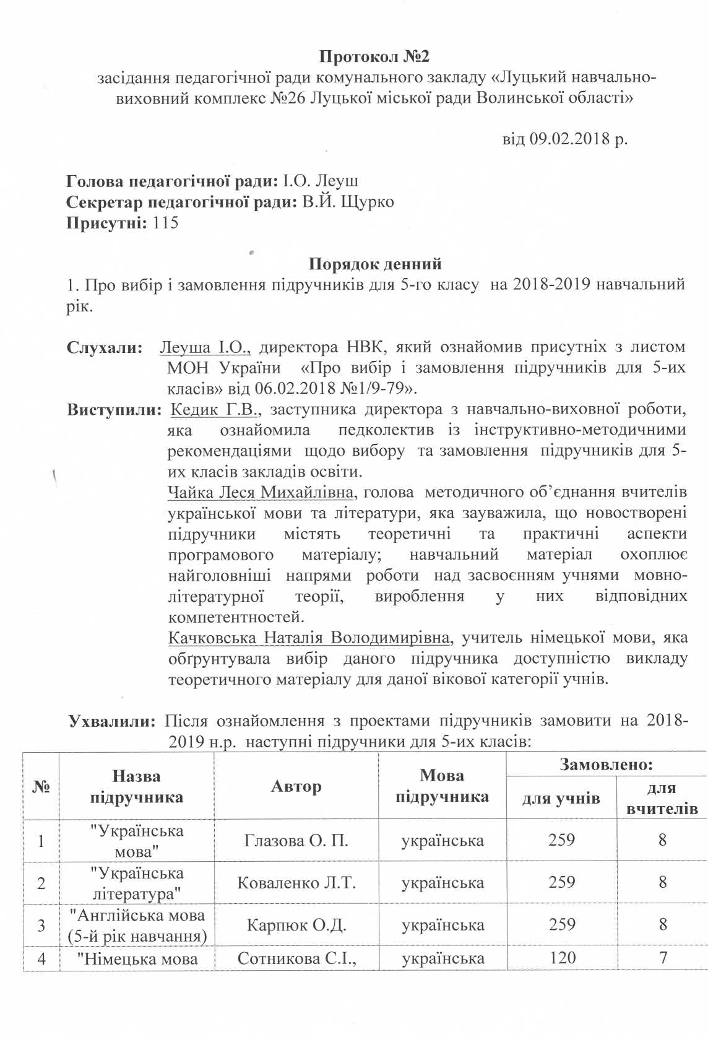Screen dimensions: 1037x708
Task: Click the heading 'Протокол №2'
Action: click(374, 57)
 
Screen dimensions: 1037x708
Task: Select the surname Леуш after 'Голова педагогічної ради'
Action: click(337, 181)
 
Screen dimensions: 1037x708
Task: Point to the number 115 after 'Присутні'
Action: click(165, 223)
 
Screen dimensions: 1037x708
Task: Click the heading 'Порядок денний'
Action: click(375, 264)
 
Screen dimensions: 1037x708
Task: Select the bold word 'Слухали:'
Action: click(105, 347)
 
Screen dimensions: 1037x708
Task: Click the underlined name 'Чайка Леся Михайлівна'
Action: click(261, 493)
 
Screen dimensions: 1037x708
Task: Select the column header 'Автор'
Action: click(296, 787)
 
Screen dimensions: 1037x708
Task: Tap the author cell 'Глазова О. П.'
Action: click(296, 841)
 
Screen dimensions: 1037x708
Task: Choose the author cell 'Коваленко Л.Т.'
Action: click(296, 883)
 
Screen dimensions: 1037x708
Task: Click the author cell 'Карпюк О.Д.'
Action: click(296, 926)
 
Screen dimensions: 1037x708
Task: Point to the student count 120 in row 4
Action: click(562, 958)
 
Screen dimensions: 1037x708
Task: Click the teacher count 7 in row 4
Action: click(663, 958)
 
